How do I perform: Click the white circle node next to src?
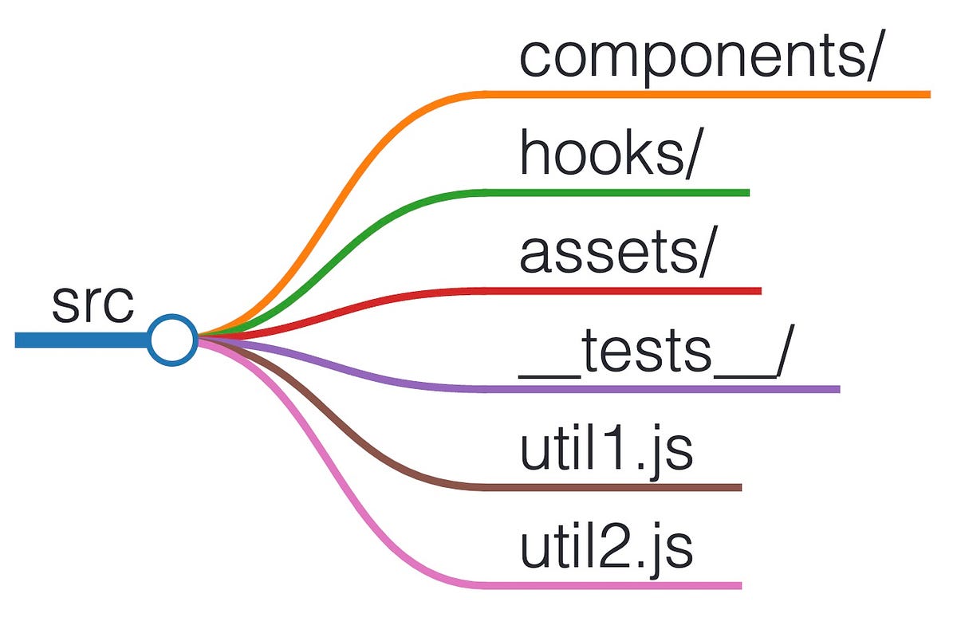point(172,340)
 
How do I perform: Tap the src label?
point(93,304)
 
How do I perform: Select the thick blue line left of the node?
point(80,340)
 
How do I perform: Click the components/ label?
point(699,57)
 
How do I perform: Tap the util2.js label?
point(606,548)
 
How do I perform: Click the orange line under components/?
point(702,94)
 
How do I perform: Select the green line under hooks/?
point(614,192)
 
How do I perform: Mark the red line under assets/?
point(622,290)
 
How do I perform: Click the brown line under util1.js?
point(614,487)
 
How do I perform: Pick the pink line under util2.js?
point(614,585)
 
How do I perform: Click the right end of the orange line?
point(927,94)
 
